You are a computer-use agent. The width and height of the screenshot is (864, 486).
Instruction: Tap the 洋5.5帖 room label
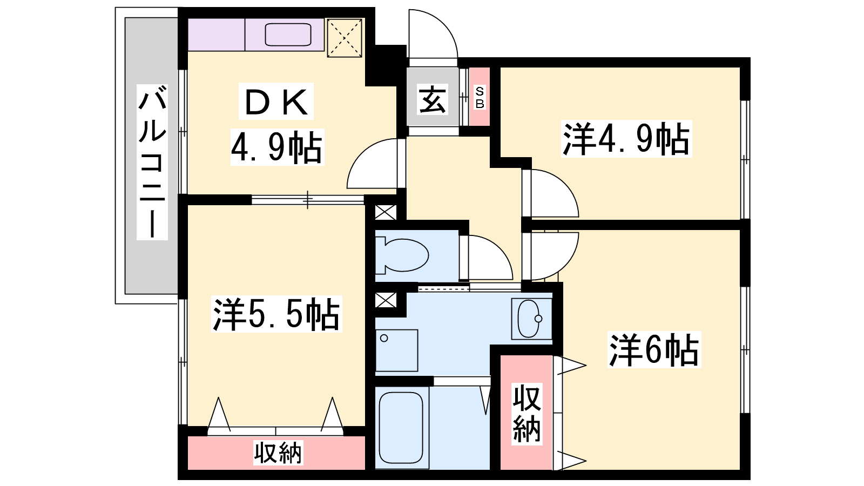(x=276, y=314)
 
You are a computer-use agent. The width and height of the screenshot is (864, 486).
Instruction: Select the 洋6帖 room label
(x=654, y=349)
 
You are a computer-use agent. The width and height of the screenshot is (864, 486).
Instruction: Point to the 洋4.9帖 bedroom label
(x=626, y=139)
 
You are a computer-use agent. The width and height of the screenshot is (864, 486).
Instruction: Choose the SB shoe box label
(x=480, y=98)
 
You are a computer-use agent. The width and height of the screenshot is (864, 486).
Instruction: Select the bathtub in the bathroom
(x=401, y=428)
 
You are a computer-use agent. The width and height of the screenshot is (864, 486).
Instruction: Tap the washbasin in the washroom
(x=531, y=319)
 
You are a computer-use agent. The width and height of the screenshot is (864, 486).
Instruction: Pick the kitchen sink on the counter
(x=288, y=35)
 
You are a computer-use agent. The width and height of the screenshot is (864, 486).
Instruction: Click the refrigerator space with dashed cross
(x=345, y=38)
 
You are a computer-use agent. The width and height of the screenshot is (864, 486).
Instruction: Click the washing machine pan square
(x=396, y=350)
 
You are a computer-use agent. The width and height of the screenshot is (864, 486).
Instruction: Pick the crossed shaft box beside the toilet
(x=386, y=213)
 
